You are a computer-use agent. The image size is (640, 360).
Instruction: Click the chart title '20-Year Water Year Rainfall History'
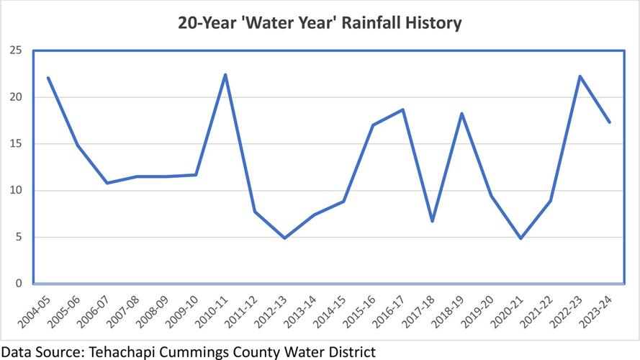coord(320,23)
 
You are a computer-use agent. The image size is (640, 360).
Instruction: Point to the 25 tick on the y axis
coord(15,50)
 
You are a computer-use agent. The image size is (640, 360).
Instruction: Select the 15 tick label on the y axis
coord(15,144)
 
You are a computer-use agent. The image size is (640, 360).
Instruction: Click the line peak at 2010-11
coord(225,75)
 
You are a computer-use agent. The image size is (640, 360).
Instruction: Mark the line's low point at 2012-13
coord(284,238)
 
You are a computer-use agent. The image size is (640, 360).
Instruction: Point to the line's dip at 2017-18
coord(432,221)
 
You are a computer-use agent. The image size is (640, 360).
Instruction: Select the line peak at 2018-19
coord(461,114)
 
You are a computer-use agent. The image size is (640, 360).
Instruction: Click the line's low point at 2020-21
coord(520,238)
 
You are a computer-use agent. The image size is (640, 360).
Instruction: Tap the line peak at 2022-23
coord(580,76)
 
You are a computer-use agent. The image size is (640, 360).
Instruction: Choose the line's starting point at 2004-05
coord(48,78)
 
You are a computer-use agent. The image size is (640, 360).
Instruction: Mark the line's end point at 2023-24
coord(609,122)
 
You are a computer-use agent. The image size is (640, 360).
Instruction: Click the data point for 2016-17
coord(402,110)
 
